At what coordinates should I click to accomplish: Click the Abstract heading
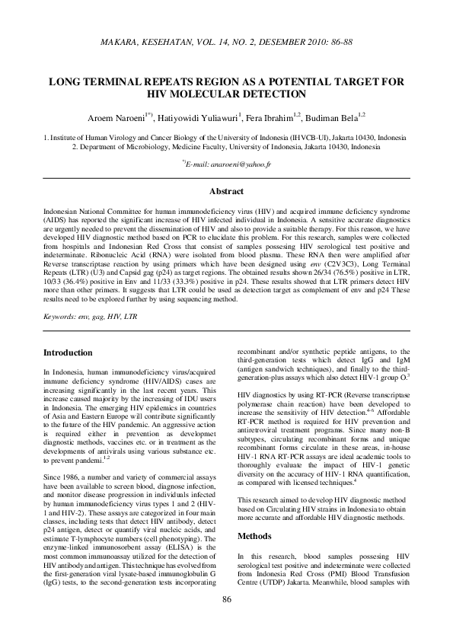coord(226,192)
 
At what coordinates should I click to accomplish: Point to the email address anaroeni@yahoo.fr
coord(234,164)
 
